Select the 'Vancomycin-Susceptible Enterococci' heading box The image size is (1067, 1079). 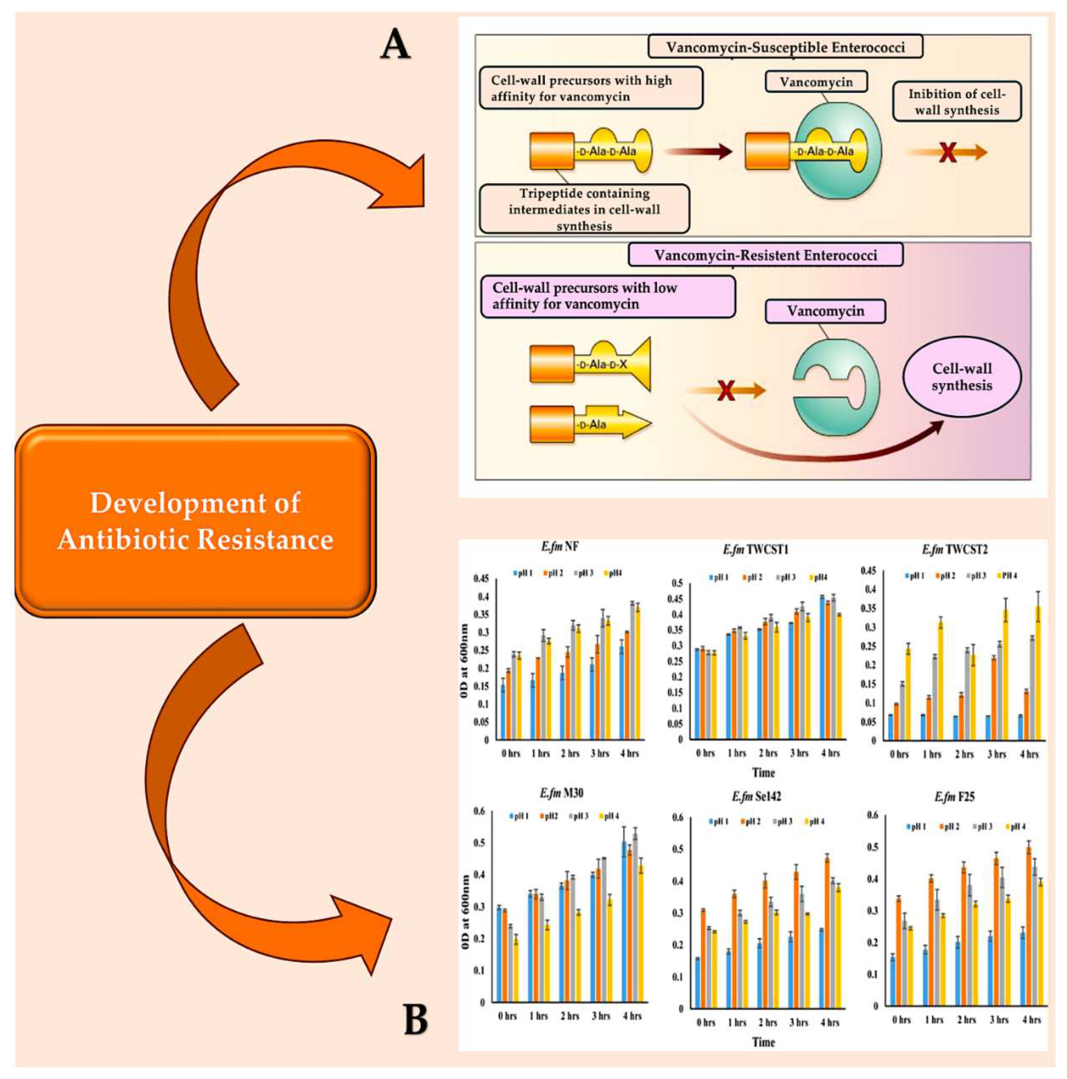(x=785, y=47)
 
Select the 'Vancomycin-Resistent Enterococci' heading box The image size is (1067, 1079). (x=765, y=255)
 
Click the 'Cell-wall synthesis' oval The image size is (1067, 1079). (x=961, y=377)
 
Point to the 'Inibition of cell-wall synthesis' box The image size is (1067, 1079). (x=956, y=102)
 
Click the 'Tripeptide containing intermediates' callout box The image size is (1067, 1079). (x=584, y=209)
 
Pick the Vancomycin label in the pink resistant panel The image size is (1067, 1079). (x=825, y=311)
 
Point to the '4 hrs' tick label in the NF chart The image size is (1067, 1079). (x=629, y=753)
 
